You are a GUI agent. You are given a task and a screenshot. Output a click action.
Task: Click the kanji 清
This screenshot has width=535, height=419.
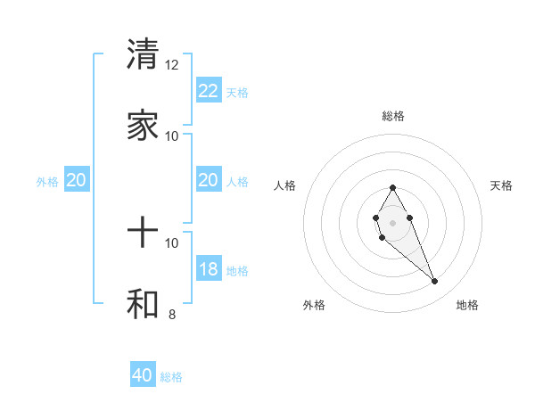(x=143, y=54)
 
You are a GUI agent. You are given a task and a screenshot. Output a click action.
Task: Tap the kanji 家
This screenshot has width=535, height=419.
(x=143, y=126)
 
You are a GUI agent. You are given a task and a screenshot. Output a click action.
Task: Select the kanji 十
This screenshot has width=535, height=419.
(x=143, y=234)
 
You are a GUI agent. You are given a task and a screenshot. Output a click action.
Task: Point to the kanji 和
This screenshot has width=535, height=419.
(x=143, y=304)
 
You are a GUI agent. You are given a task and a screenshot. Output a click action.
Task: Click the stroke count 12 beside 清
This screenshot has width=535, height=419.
(x=172, y=65)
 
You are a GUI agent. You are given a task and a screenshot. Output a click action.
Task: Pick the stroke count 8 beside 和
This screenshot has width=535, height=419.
(x=172, y=314)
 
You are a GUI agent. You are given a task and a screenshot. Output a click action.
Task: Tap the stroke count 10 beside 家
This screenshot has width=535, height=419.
(x=172, y=136)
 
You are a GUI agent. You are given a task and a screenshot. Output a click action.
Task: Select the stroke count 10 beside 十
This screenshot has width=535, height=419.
(x=172, y=242)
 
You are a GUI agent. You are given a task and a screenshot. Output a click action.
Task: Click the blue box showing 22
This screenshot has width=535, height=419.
(x=208, y=91)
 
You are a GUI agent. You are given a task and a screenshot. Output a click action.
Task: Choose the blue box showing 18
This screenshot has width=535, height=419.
(x=208, y=269)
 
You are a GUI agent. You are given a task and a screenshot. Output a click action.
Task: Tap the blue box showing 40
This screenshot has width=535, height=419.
(x=143, y=375)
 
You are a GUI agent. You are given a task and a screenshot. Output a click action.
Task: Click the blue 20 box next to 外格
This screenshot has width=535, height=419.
(x=76, y=180)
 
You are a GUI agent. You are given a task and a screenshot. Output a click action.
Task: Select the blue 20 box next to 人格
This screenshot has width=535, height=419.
(x=208, y=180)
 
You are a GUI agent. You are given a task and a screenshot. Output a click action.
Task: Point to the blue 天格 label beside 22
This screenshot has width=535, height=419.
(x=237, y=92)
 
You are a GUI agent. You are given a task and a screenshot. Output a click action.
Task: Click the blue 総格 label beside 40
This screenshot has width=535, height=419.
(x=172, y=377)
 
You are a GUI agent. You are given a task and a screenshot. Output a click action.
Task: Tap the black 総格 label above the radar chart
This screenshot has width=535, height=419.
(x=392, y=116)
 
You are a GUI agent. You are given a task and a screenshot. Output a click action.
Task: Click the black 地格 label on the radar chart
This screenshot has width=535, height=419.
(x=467, y=305)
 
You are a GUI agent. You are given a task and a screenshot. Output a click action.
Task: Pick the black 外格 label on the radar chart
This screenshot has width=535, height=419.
(x=314, y=305)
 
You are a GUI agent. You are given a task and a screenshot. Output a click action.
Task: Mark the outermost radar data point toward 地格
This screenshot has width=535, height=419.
(x=434, y=282)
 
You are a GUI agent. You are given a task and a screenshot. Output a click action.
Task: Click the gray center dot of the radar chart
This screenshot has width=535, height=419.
(x=392, y=221)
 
